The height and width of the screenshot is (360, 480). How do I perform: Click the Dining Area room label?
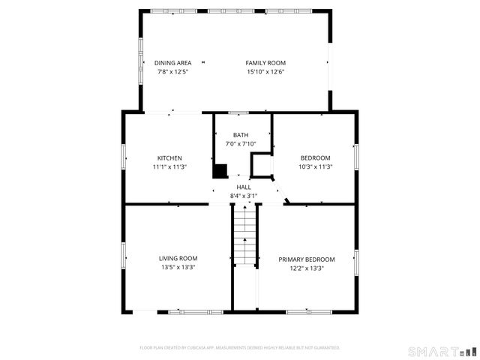(x=173, y=63)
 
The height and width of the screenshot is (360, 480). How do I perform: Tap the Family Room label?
(x=265, y=63)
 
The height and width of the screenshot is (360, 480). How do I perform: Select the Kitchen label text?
(x=169, y=157)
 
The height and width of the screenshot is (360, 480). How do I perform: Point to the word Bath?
(x=241, y=135)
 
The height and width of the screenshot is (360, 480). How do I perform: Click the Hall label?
(x=244, y=187)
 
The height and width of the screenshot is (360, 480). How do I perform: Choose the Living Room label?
(x=178, y=259)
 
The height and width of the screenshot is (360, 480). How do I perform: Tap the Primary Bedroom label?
(x=307, y=259)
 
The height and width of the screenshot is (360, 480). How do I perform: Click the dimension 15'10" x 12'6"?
(x=265, y=72)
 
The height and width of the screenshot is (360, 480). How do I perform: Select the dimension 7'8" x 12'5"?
(x=173, y=72)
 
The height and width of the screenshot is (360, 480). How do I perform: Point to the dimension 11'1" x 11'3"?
(x=169, y=166)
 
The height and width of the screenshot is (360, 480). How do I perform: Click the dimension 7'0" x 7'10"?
(x=241, y=144)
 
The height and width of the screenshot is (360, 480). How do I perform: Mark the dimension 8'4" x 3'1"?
(x=244, y=196)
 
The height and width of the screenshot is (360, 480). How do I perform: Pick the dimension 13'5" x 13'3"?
(x=178, y=268)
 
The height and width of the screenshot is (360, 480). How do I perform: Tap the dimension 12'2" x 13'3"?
(x=307, y=268)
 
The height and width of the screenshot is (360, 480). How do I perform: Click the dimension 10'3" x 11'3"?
(x=315, y=166)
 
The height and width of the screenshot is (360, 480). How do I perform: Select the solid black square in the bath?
(x=220, y=171)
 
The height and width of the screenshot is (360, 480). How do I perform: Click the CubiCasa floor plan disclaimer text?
(x=240, y=348)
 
